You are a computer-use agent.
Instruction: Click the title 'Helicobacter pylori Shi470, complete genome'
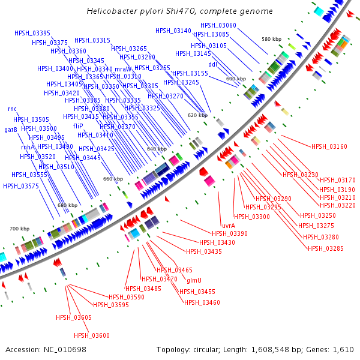click(x=179, y=11)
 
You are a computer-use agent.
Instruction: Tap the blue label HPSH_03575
click(x=21, y=186)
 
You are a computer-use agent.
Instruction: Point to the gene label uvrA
click(x=228, y=226)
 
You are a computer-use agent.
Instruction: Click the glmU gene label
click(x=194, y=280)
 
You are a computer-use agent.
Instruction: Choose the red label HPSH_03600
click(x=92, y=335)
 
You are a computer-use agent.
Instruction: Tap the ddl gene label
click(x=212, y=64)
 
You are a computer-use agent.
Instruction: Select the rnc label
click(x=12, y=109)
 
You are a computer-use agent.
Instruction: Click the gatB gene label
click(x=11, y=130)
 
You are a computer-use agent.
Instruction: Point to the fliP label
click(x=78, y=127)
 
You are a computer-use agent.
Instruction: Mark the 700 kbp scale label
click(x=19, y=229)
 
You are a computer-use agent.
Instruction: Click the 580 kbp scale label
click(x=271, y=39)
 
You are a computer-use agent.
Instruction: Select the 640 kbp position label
click(x=156, y=149)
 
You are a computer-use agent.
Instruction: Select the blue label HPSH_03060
click(x=218, y=25)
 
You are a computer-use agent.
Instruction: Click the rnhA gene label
click(x=28, y=147)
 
